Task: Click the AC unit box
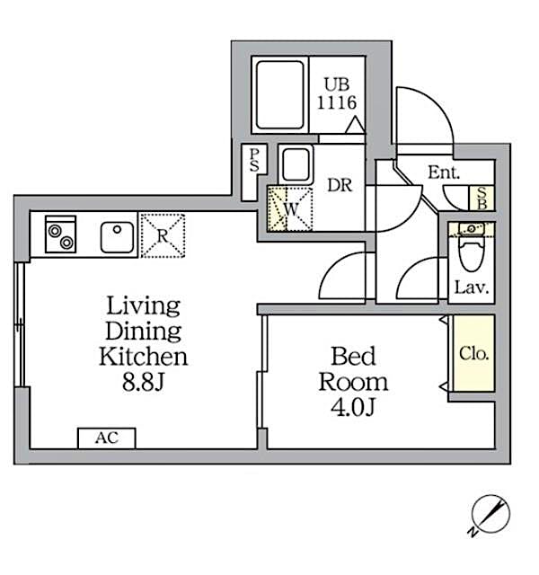pos(106,438)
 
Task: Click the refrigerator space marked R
pos(162,235)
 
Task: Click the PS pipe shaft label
pos(254,162)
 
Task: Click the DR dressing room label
pos(338,186)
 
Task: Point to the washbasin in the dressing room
pos(296,165)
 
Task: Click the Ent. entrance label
pos(444,173)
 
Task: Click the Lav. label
pos(471,288)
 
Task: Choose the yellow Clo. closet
pos(473,353)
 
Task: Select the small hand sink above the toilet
pos(470,229)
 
